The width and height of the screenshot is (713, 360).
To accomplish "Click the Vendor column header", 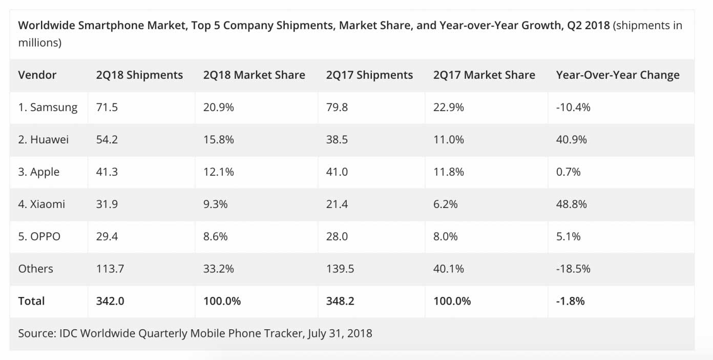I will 37,75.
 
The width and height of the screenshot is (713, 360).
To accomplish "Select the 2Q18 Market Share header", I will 254,75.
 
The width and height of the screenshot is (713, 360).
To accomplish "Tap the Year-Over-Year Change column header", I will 618,75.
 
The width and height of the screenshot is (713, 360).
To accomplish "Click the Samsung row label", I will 48,108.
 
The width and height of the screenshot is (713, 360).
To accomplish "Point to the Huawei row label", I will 44,140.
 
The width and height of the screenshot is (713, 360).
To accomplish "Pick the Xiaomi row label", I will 41,204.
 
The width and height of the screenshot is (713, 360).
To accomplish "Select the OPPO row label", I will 39,237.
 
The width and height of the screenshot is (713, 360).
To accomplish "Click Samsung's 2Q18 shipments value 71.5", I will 107,108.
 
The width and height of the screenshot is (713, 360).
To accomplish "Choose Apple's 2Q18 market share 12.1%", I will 219,172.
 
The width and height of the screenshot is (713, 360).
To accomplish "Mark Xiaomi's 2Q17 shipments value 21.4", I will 337,204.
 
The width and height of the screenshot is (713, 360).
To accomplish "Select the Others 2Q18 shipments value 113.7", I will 110,269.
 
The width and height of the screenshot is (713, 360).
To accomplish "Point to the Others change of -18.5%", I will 573,269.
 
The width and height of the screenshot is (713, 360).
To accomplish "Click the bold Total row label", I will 32,301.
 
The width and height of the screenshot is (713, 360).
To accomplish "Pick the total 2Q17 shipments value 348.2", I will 340,301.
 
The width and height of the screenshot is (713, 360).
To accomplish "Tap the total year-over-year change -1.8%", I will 570,301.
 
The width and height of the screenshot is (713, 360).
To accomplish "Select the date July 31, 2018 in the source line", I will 340,334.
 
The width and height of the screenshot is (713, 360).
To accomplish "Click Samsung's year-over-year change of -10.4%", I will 573,108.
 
